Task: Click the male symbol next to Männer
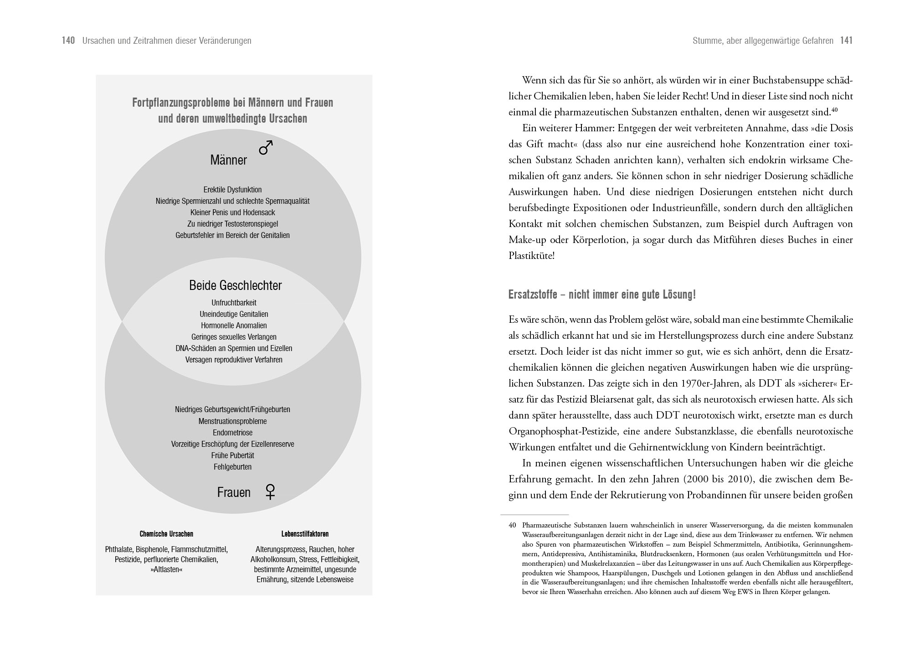(266, 147)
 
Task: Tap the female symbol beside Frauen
(270, 492)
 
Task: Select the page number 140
(68, 41)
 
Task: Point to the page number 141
(846, 41)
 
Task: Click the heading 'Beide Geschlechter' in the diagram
(235, 286)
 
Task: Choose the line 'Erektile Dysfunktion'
(232, 190)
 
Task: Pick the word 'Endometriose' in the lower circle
(232, 433)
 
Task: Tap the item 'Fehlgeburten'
(232, 467)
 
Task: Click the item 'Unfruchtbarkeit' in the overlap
(234, 303)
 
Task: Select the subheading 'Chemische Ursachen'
(166, 534)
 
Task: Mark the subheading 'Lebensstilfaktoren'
(305, 534)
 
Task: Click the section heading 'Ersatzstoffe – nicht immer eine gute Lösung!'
(602, 295)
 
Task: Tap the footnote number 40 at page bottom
(512, 525)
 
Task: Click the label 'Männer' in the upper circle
(228, 160)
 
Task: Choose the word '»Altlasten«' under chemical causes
(166, 570)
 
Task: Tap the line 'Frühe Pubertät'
(232, 455)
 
